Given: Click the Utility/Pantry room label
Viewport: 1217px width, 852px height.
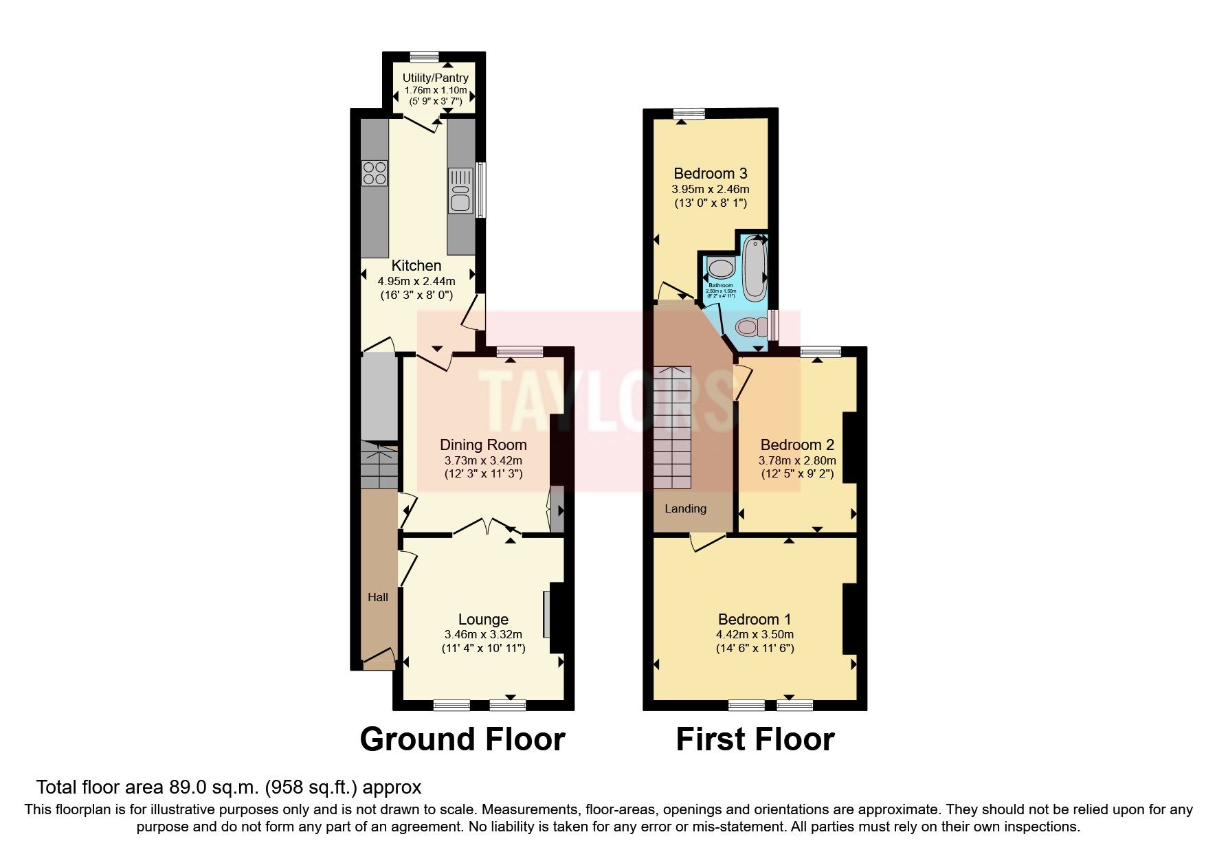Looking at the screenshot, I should pos(435,78).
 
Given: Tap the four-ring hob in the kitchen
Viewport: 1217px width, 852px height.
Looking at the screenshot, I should pos(375,172).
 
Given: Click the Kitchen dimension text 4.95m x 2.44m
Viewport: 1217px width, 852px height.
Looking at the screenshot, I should pos(416,280).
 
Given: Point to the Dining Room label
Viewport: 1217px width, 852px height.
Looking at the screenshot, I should pos(483,445).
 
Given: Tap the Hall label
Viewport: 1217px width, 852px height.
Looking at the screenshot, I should pos(377,597).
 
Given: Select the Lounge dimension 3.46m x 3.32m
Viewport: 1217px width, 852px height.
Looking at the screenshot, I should pos(483,634).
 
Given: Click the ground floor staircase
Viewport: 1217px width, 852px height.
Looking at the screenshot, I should pos(379,467).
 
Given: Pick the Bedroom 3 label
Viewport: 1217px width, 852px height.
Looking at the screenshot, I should pos(710,173).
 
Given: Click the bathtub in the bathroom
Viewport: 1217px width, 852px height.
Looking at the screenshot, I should pos(756,268).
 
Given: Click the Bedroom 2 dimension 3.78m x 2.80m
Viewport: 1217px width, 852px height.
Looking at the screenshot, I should pos(797,460).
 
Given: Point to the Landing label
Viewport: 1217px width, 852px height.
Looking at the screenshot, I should pos(685,508).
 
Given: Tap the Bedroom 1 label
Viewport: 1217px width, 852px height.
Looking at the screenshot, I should pos(754,618).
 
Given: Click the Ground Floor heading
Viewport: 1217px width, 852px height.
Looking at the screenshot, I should pos(462,739).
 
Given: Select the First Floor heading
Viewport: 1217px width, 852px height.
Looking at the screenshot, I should pos(755,739).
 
